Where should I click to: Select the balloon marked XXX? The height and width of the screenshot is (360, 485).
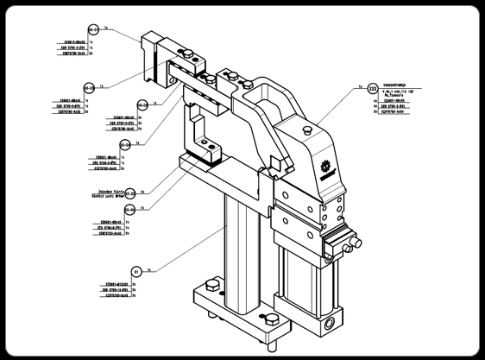[372, 88]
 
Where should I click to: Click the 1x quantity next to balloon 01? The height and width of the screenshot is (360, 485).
[150, 269]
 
